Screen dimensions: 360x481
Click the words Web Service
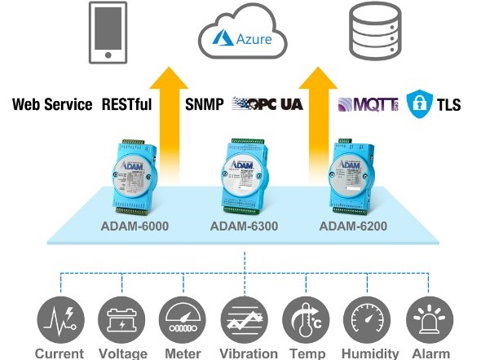(52, 104)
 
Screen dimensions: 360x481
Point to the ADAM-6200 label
(353, 226)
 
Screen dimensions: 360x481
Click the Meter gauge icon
(183, 318)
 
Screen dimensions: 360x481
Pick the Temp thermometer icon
(306, 318)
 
